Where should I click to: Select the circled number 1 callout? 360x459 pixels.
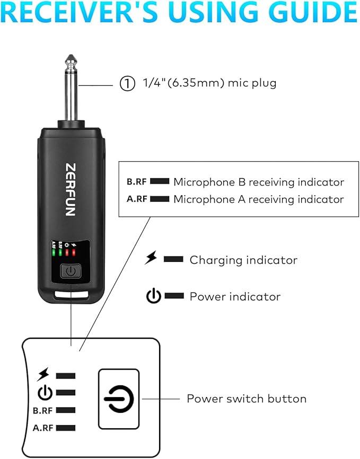pyautogui.click(x=127, y=84)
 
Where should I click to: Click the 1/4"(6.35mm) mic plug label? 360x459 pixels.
pyautogui.click(x=210, y=83)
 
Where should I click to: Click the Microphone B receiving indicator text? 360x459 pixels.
pyautogui.click(x=259, y=182)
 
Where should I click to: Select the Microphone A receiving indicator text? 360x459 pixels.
pyautogui.click(x=259, y=199)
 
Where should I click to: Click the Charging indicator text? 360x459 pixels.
pyautogui.click(x=243, y=260)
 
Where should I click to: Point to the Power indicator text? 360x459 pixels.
pyautogui.click(x=235, y=296)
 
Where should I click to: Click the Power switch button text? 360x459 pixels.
pyautogui.click(x=246, y=399)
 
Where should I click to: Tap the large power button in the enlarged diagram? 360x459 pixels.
pyautogui.click(x=119, y=399)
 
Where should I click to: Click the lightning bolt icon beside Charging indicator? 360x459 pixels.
pyautogui.click(x=152, y=259)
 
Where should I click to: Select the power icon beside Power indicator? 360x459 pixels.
pyautogui.click(x=153, y=296)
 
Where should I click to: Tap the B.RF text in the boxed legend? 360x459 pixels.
pyautogui.click(x=137, y=182)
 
